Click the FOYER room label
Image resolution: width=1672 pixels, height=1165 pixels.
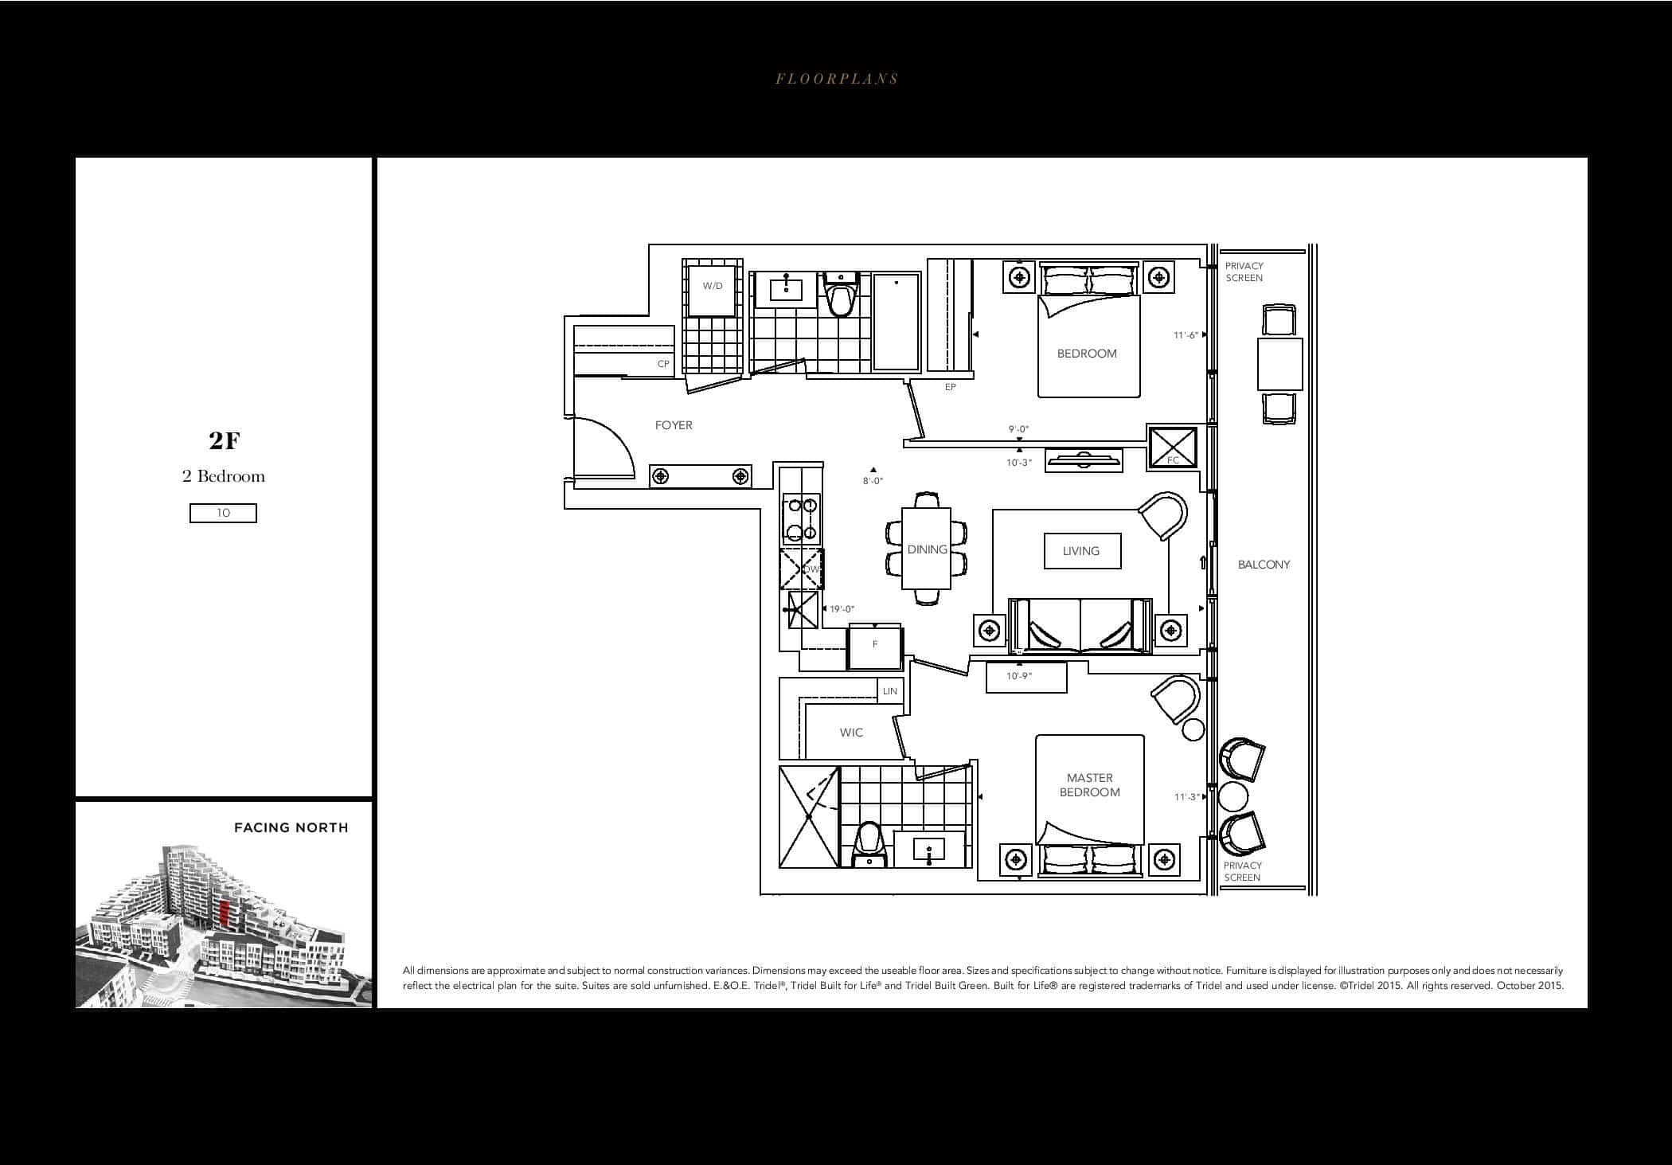[x=674, y=425]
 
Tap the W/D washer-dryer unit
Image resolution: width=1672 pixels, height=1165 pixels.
[x=713, y=287]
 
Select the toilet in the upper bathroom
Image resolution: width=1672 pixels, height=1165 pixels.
[x=840, y=295]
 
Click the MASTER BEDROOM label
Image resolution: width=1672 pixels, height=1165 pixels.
[x=1090, y=785]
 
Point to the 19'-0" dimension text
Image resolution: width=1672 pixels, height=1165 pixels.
[x=842, y=609]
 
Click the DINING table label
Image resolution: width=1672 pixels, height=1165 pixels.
[x=927, y=549]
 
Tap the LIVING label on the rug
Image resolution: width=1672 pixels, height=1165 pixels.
[x=1081, y=551]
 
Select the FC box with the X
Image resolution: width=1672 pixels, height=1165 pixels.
[x=1173, y=448]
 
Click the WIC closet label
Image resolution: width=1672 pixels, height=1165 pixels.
[x=851, y=733]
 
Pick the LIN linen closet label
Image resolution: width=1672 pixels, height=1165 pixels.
[x=890, y=691]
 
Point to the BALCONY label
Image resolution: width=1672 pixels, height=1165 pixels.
[x=1264, y=565]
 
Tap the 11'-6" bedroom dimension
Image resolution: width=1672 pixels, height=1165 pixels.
[x=1186, y=335]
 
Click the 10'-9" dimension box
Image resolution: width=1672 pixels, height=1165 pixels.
[x=1025, y=677]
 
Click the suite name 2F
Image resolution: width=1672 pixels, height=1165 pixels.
[x=225, y=440]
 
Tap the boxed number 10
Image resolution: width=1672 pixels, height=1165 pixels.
[x=223, y=513]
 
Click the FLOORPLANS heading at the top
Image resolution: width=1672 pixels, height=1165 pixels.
[x=837, y=79]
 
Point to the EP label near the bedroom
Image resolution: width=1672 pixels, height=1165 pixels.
[x=950, y=387]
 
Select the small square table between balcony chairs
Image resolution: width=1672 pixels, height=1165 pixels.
[x=1279, y=364]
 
